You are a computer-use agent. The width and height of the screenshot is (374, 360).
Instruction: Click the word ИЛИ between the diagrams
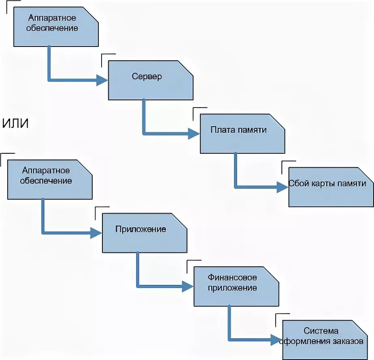pyautogui.click(x=16, y=123)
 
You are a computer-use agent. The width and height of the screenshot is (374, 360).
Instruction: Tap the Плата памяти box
pyautogui.click(x=242, y=133)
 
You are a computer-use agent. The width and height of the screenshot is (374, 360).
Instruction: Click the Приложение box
pyautogui.click(x=144, y=233)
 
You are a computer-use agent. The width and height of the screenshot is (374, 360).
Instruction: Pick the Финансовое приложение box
pyautogui.click(x=236, y=286)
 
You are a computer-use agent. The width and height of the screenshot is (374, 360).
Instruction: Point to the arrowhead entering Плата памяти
pyautogui.click(x=195, y=133)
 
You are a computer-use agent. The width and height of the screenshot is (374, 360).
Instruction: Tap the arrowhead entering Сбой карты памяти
pyautogui.click(x=283, y=187)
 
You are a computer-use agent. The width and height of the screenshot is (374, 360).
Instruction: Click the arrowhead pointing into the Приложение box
pyautogui.click(x=96, y=233)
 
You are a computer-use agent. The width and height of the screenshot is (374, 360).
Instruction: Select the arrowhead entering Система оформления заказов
pyautogui.click(x=276, y=340)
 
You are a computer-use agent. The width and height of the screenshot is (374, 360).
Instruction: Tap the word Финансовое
pyautogui.click(x=232, y=278)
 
